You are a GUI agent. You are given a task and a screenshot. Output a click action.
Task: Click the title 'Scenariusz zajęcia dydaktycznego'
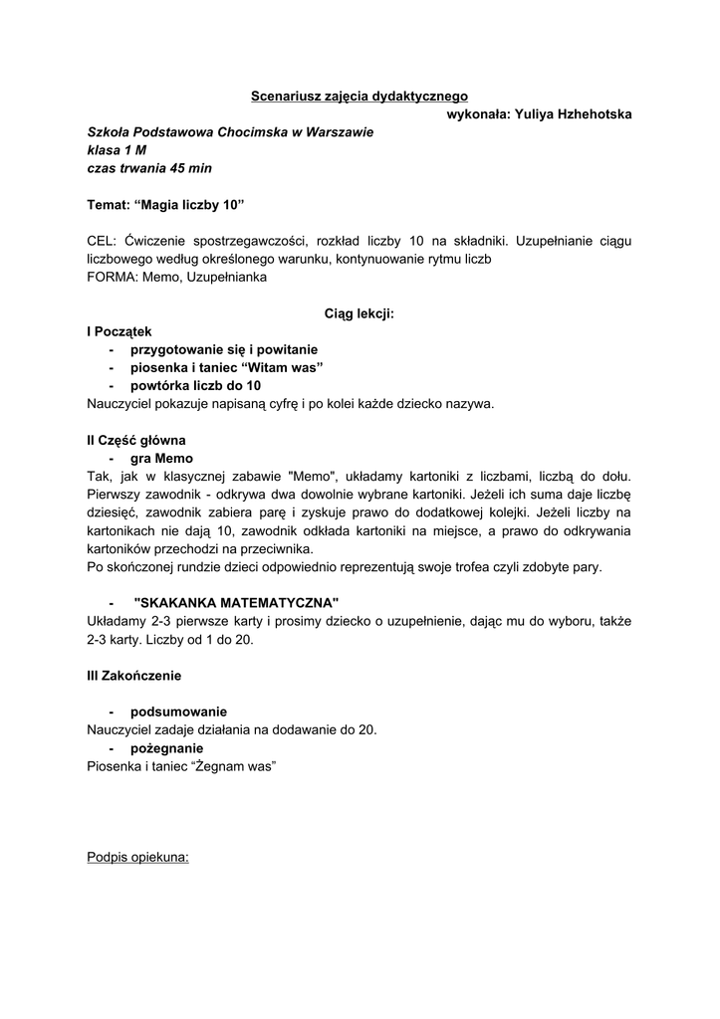pyautogui.click(x=360, y=97)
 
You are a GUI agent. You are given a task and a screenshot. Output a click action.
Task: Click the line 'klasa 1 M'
pyautogui.click(x=117, y=150)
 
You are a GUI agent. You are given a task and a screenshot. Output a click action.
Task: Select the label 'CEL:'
pyautogui.click(x=103, y=241)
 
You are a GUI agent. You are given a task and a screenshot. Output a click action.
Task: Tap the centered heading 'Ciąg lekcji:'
pyautogui.click(x=360, y=313)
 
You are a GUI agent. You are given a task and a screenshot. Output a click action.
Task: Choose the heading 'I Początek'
pyautogui.click(x=120, y=331)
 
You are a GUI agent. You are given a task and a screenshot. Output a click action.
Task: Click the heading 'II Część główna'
pyautogui.click(x=136, y=440)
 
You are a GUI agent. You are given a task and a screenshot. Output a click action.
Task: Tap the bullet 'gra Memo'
pyautogui.click(x=161, y=458)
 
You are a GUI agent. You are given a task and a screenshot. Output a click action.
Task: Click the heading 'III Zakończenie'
pyautogui.click(x=134, y=676)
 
